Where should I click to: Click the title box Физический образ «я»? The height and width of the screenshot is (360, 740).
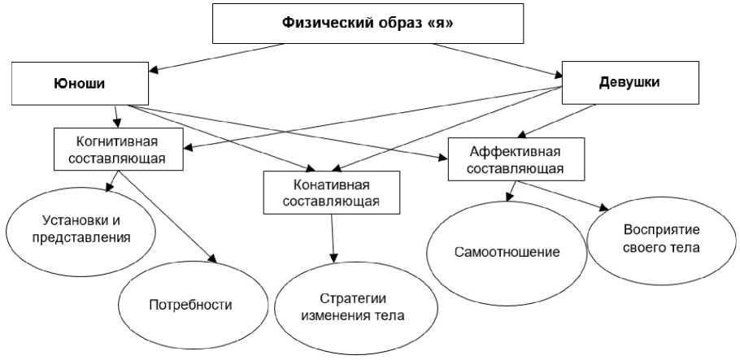point(368,24)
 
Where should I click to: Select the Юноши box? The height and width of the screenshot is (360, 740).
point(80,83)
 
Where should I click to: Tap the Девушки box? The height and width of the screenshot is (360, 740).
point(630,83)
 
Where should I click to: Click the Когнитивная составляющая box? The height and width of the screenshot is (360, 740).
point(119,149)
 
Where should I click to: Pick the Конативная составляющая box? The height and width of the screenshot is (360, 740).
point(331,192)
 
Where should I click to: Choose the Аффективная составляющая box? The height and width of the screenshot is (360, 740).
point(516,159)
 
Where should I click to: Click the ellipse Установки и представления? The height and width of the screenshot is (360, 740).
point(81,232)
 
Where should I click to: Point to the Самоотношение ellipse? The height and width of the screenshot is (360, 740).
point(507,253)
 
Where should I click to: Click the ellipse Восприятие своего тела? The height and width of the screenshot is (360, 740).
point(660,241)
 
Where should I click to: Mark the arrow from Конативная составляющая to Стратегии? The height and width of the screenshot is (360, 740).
point(333,239)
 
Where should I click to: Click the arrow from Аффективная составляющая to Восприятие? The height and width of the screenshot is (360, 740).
point(564,195)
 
